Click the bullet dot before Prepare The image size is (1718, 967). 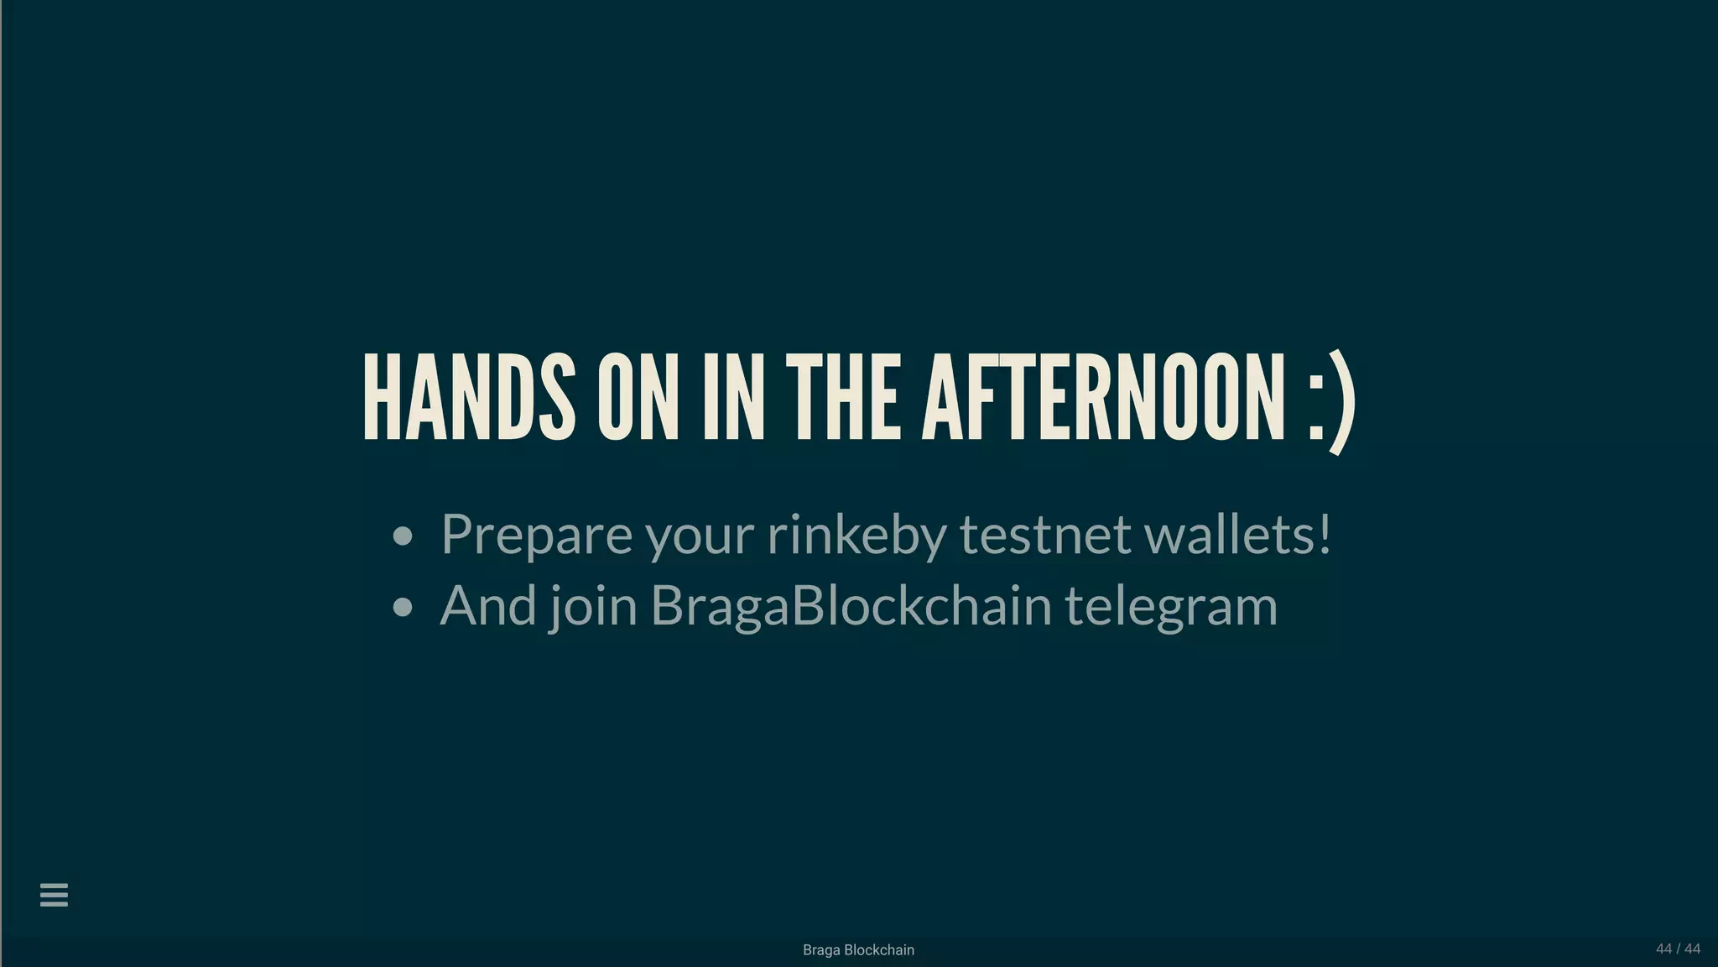click(403, 536)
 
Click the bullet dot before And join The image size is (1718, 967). click(403, 607)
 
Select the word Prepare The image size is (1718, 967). click(536, 535)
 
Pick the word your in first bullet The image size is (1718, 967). click(700, 537)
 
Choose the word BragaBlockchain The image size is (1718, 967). click(851, 605)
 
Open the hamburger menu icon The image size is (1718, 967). click(54, 895)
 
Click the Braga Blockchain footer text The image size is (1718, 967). click(858, 950)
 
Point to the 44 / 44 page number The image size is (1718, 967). click(1678, 949)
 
